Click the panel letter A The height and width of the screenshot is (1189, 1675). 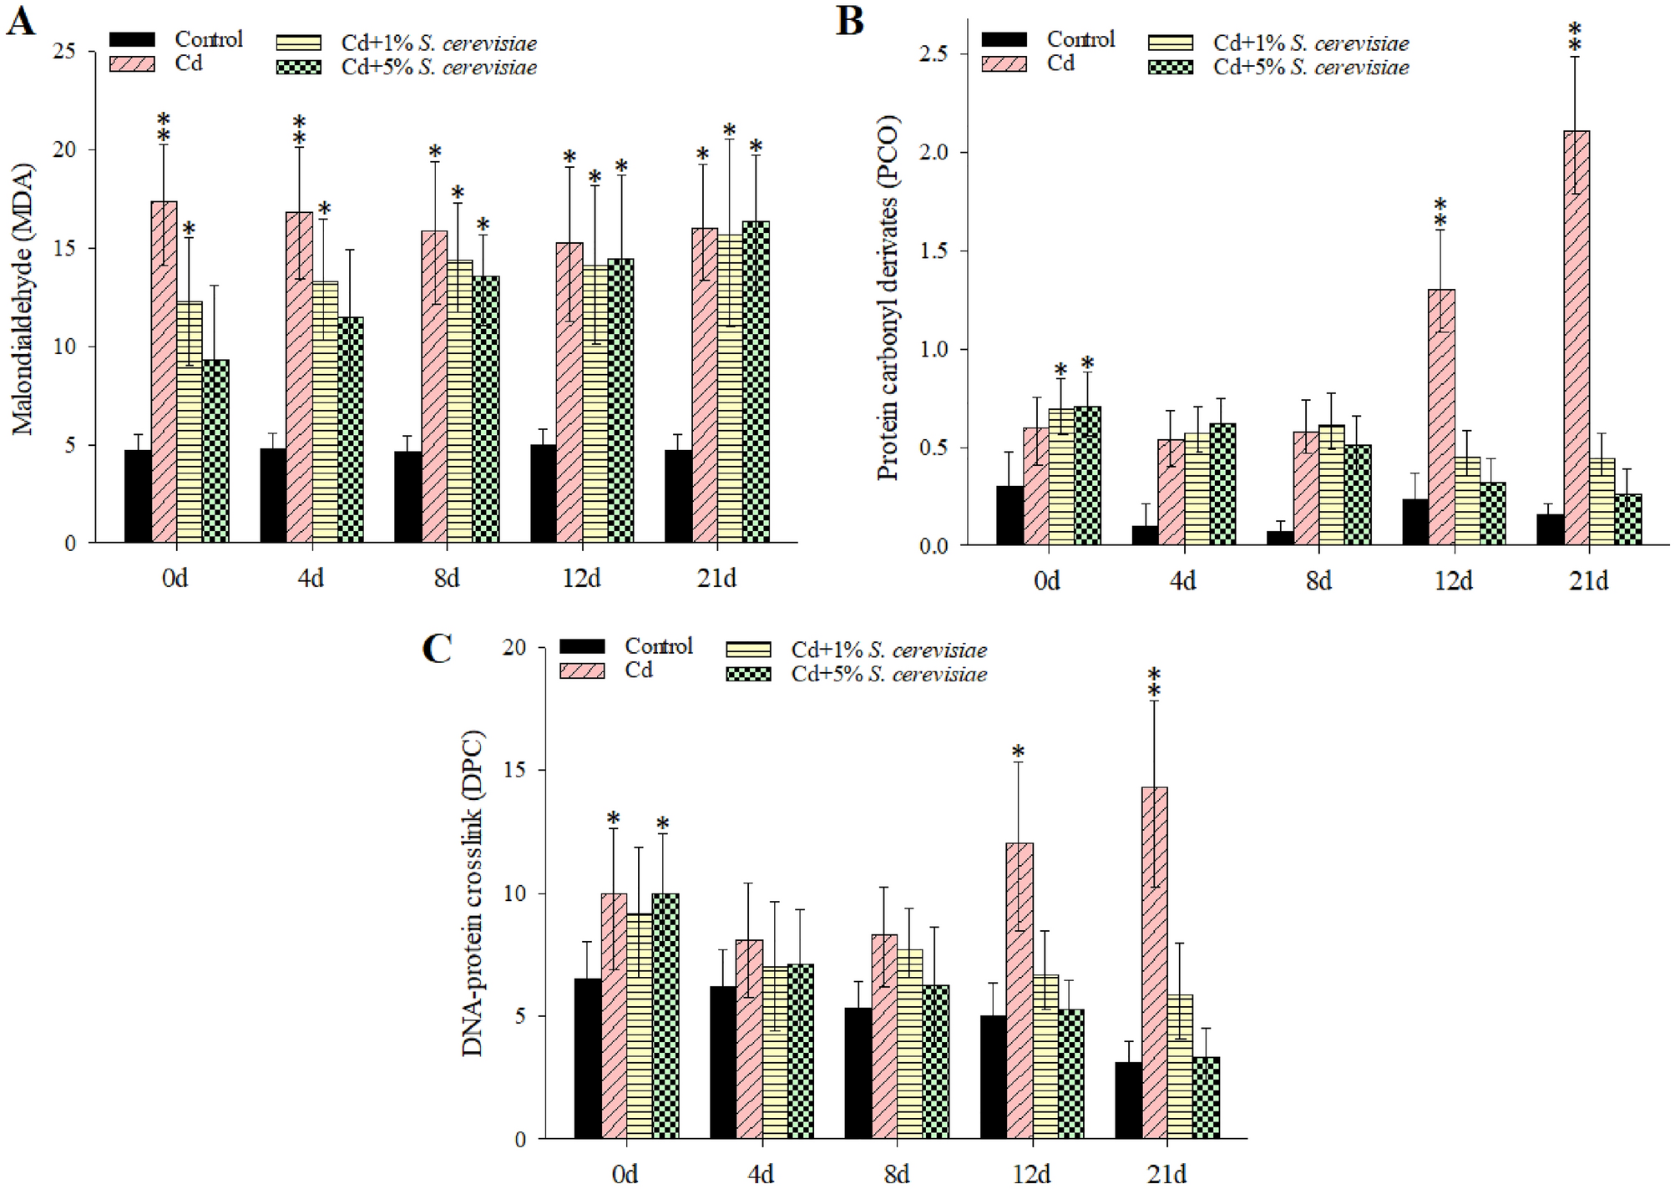coord(21,21)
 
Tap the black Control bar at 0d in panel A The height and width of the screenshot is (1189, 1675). coord(138,497)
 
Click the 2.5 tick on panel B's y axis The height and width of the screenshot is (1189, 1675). coord(934,53)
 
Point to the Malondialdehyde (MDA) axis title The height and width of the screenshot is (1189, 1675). coord(23,298)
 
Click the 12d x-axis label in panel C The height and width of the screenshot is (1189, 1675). coord(1031,1174)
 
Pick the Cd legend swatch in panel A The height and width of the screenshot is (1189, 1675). coord(132,64)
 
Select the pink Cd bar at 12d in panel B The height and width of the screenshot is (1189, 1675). coord(1441,417)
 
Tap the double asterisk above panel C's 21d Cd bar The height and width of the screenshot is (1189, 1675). coord(1154,682)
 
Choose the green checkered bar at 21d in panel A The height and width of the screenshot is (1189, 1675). coord(756,382)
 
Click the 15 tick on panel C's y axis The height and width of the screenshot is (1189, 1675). coord(515,770)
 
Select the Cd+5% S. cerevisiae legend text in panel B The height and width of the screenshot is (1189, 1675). coord(1311,68)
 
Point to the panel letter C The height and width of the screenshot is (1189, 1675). coord(438,649)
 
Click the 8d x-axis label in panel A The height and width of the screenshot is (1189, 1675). coord(446,578)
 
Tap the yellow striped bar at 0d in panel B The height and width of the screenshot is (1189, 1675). coord(1061,478)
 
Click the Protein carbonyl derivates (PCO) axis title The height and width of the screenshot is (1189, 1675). coord(888,298)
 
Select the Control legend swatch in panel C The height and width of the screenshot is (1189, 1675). coord(582,646)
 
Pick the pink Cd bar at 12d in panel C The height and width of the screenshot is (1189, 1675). coord(1019,991)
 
